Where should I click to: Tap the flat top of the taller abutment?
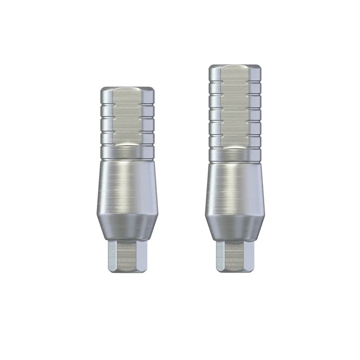237,67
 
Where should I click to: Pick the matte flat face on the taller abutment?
237,108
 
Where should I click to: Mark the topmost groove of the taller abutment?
237,82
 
